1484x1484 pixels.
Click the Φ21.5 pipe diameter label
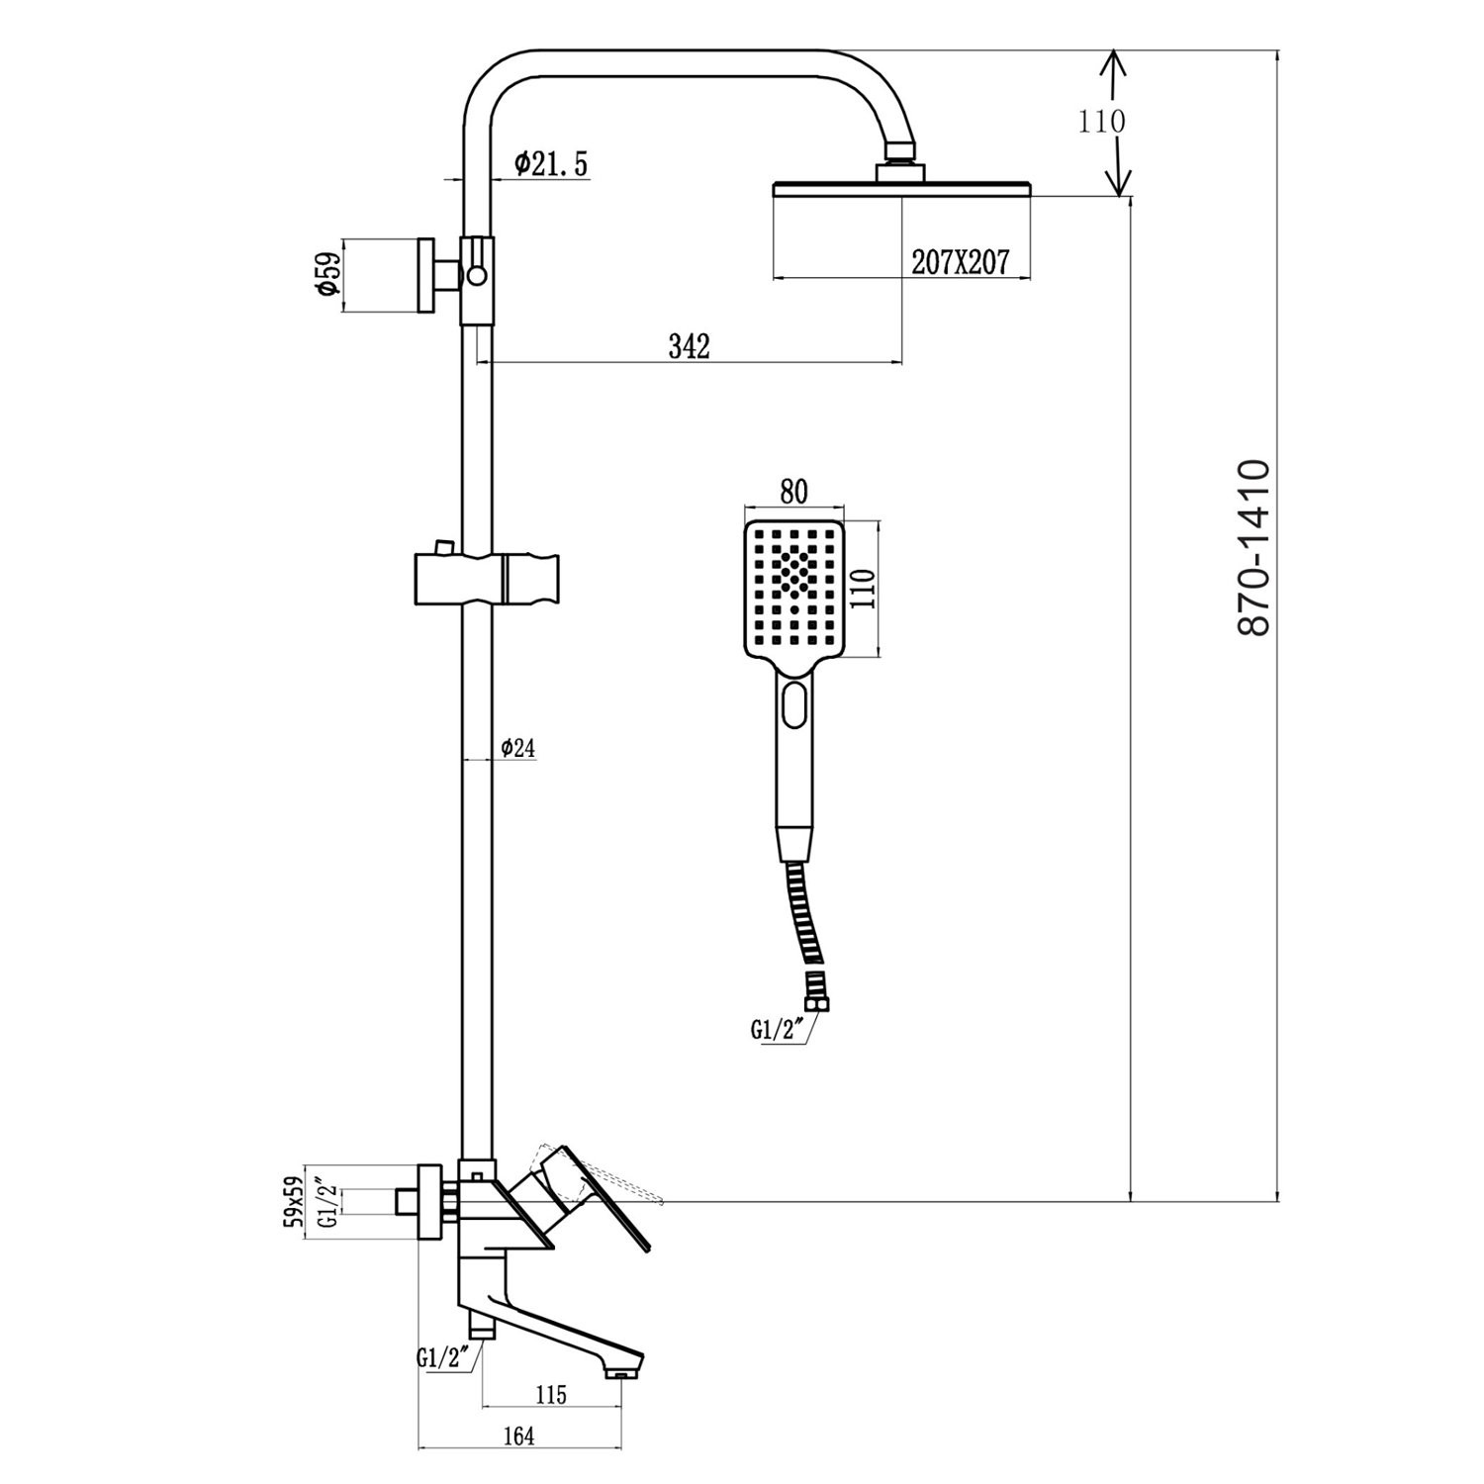point(551,164)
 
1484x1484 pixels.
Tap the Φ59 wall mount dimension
point(327,274)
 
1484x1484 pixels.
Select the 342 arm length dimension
point(690,346)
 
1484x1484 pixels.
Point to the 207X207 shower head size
point(960,262)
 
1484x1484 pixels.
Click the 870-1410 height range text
point(1253,547)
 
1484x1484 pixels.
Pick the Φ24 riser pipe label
point(517,748)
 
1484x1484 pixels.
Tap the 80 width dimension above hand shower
point(793,492)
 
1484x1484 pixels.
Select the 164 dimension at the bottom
point(518,1436)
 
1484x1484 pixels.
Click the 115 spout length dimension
point(551,1394)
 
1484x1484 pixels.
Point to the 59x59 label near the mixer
point(293,1201)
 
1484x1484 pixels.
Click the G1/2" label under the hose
point(775,1030)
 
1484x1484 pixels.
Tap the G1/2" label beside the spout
point(442,1358)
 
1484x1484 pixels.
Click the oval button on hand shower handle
point(794,705)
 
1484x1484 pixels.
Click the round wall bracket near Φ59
point(427,274)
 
